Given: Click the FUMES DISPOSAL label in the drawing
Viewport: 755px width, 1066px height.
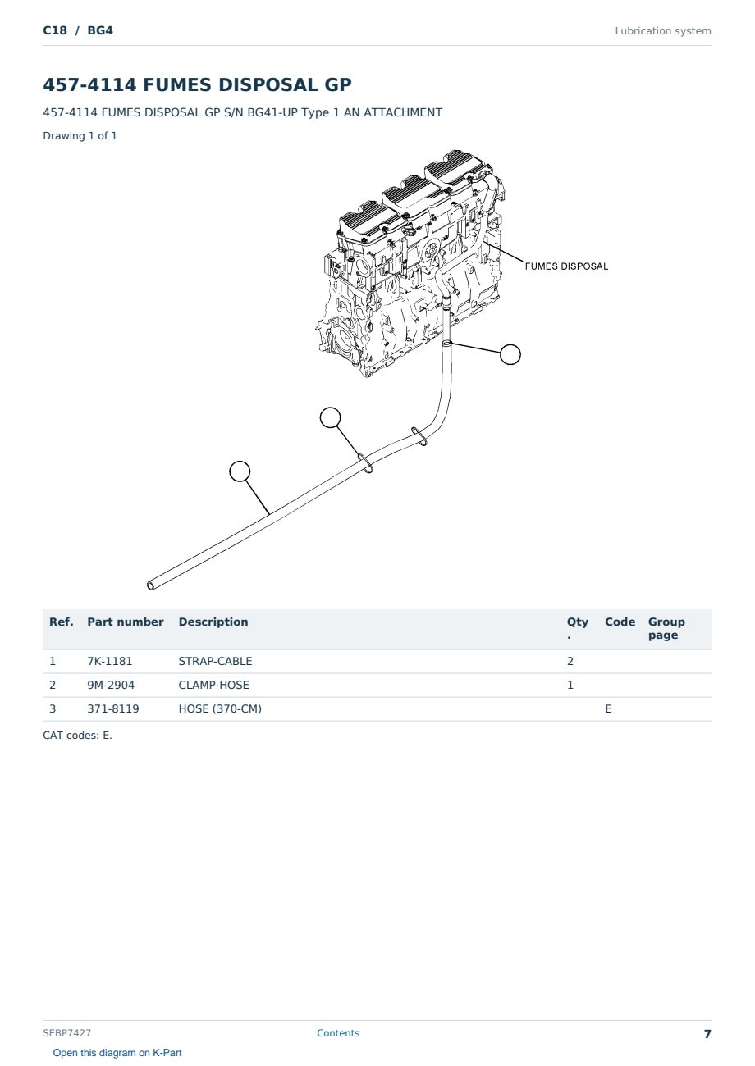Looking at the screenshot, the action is [566, 266].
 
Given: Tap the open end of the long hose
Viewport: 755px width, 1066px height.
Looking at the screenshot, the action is [150, 585].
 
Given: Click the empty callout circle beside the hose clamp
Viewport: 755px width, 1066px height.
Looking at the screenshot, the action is [510, 354].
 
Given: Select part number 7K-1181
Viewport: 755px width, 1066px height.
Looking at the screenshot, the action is [110, 661].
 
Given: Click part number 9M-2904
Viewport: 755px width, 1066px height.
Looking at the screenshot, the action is [111, 685].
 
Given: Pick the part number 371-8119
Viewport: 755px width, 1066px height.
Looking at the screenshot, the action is [113, 708].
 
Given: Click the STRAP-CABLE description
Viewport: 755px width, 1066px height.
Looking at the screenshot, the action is [215, 661].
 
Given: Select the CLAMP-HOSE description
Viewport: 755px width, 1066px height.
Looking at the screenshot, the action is [214, 685].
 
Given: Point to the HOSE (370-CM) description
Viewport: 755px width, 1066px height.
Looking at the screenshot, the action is [220, 708].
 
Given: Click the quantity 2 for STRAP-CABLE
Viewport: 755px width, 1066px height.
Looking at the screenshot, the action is [570, 661].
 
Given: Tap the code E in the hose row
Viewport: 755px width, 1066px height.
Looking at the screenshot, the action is [608, 708].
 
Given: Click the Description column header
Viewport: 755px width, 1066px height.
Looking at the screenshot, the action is [213, 622].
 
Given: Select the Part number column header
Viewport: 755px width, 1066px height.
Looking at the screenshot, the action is [126, 622].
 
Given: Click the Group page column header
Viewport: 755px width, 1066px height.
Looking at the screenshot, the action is [666, 628].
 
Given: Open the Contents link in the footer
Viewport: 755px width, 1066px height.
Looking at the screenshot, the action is [338, 1032].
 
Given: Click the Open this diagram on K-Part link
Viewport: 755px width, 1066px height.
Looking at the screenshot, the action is [117, 1052].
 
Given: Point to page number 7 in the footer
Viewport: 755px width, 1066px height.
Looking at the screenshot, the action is [707, 1034].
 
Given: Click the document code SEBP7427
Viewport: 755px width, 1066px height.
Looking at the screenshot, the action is [66, 1032].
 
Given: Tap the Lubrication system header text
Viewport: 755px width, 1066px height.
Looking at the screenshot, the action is [663, 31].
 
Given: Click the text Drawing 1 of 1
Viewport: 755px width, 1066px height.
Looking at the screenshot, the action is [80, 135].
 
